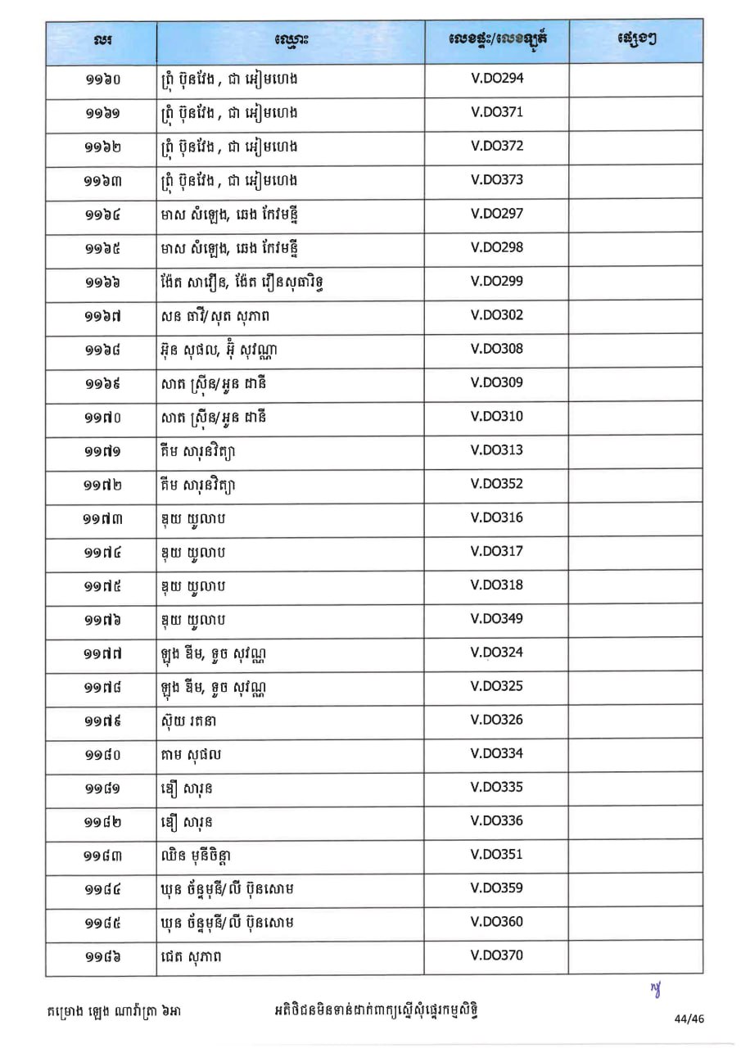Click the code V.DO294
point(496,79)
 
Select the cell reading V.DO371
point(496,112)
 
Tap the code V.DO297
point(496,214)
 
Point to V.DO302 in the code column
point(496,315)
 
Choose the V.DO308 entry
point(496,349)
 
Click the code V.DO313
point(496,450)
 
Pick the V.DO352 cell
point(496,484)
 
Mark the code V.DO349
point(496,619)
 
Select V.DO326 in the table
point(496,720)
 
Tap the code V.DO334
point(496,754)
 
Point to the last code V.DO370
point(496,955)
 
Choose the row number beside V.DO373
point(102,181)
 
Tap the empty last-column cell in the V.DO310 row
point(635,417)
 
